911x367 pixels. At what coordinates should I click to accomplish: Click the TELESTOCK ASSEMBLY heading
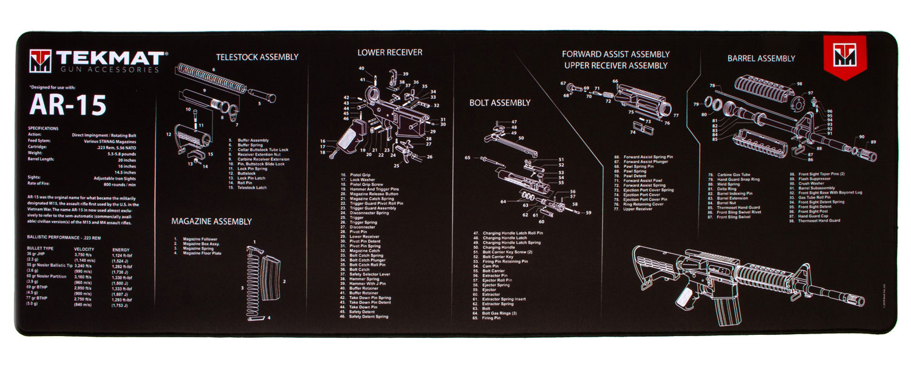[257, 57]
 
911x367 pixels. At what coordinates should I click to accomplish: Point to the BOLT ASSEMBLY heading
[499, 103]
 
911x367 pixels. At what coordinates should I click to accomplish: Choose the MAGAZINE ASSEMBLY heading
[211, 221]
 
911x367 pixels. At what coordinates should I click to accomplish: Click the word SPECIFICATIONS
[43, 129]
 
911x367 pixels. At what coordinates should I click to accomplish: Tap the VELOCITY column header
[83, 249]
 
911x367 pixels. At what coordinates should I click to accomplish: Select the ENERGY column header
[121, 249]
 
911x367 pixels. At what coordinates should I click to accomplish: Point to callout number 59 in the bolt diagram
[588, 213]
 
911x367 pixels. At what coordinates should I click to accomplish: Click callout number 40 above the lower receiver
[361, 69]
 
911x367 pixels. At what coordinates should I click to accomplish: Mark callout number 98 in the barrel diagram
[799, 84]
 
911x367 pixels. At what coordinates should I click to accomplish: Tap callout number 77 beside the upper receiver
[676, 115]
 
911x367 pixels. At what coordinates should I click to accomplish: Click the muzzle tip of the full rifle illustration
[864, 301]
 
